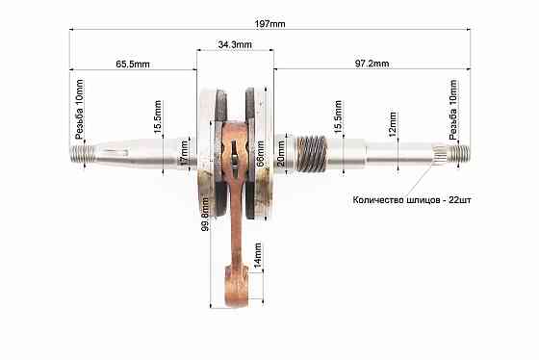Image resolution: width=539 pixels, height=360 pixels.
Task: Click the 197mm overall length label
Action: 269,24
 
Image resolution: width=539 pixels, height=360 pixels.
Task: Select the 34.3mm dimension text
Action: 235,44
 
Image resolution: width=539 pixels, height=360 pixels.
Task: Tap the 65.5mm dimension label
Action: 133,64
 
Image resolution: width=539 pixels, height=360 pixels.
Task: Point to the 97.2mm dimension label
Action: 372,64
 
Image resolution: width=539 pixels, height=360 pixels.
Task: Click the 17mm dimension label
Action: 185,153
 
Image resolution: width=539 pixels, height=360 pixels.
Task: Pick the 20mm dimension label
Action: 281,153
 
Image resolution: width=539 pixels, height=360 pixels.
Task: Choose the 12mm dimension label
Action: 393,124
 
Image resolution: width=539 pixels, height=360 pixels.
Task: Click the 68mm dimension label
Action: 260,153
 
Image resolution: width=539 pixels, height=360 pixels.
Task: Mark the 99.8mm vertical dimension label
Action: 205,214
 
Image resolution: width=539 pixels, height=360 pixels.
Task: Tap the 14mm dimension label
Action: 257,255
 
